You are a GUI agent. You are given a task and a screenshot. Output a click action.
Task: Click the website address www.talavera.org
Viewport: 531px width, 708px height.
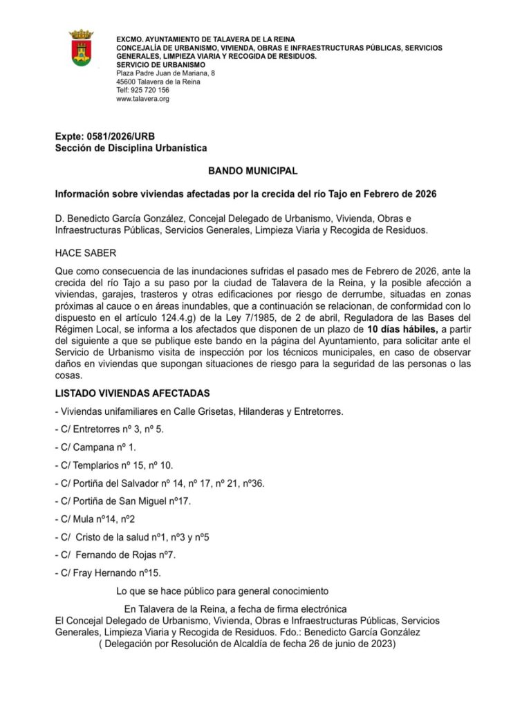(142, 99)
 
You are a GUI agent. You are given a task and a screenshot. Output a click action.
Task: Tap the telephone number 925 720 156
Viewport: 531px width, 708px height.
(151, 90)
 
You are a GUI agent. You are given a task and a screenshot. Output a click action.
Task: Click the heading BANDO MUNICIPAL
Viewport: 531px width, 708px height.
(252, 170)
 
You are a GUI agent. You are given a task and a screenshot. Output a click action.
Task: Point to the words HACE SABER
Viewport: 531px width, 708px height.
(86, 252)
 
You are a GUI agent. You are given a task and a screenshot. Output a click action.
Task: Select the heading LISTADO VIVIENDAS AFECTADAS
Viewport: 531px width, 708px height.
(132, 393)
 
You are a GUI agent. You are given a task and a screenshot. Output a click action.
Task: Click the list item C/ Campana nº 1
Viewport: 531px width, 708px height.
(95, 447)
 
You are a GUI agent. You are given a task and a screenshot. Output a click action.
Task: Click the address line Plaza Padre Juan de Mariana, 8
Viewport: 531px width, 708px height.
(165, 73)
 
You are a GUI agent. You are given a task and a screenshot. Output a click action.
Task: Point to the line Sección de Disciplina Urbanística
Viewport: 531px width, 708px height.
(131, 148)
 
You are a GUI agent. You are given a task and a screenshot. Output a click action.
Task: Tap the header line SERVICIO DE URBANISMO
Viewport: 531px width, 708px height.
(161, 64)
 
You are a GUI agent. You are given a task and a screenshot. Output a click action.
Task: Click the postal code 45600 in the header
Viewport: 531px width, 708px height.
(126, 82)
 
